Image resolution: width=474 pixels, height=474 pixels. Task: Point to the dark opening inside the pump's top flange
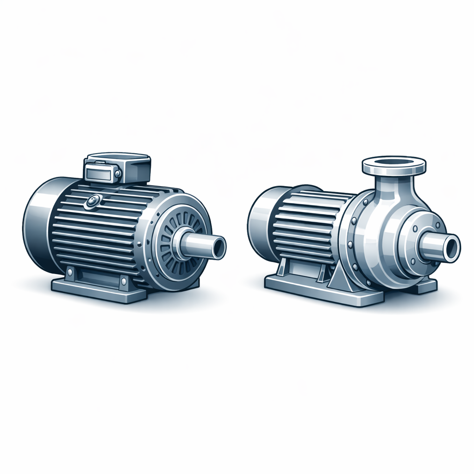[394, 162]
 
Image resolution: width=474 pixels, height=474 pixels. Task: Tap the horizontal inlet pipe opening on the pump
[451, 247]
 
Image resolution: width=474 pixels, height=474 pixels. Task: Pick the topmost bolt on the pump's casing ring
[366, 202]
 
